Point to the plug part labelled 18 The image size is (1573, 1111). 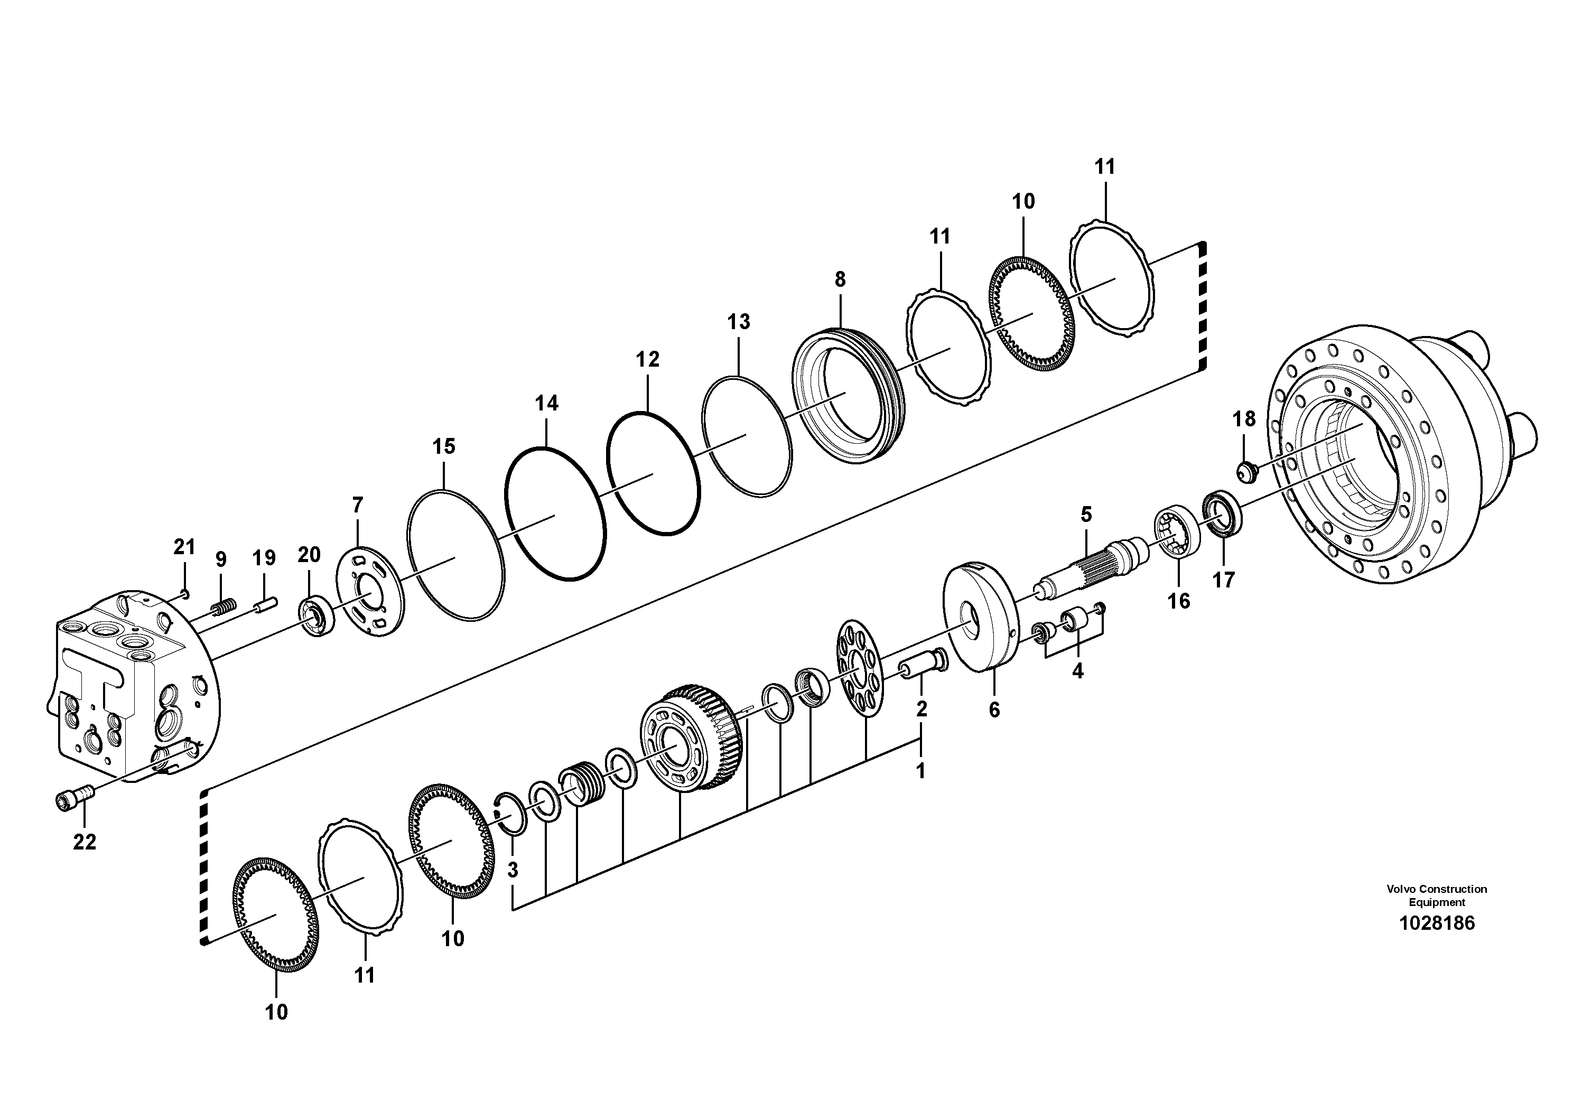[1246, 471]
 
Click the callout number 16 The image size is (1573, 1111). [1178, 601]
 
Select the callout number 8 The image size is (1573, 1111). [840, 279]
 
